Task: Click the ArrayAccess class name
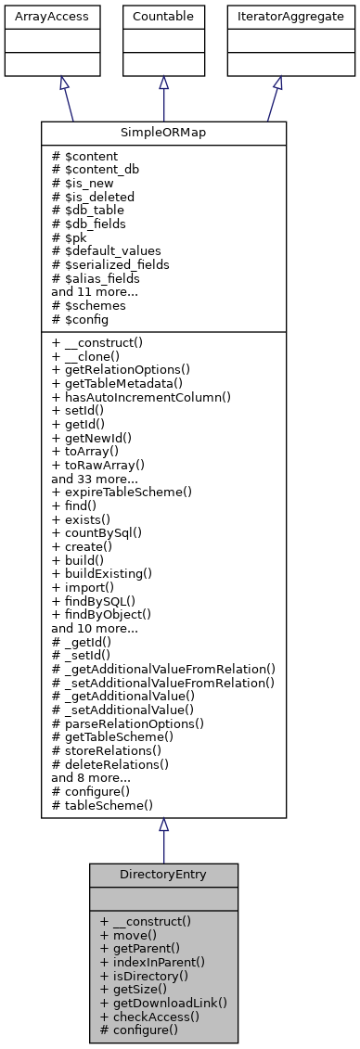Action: pyautogui.click(x=38, y=16)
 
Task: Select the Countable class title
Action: pyautogui.click(x=163, y=16)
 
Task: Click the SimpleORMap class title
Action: pyautogui.click(x=163, y=133)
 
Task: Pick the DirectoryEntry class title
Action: pyautogui.click(x=163, y=875)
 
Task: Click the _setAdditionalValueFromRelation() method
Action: pyautogui.click(x=163, y=683)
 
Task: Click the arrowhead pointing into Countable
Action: pyautogui.click(x=163, y=83)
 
